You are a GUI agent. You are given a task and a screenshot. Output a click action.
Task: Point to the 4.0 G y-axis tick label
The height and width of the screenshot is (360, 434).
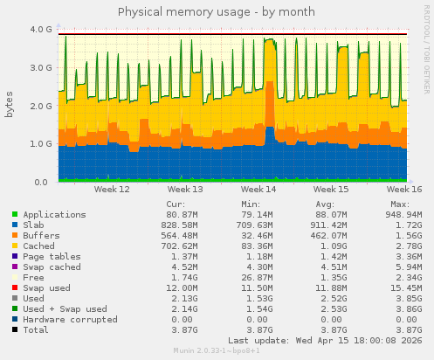(41, 29)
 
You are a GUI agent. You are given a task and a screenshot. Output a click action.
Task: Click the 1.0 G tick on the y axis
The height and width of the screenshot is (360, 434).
(41, 143)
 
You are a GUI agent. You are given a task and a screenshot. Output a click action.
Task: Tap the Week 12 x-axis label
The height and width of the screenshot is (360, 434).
(112, 189)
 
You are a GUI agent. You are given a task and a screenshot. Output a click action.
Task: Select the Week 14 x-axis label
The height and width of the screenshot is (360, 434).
(258, 189)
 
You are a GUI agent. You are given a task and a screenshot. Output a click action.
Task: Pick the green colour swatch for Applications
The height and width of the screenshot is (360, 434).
(15, 215)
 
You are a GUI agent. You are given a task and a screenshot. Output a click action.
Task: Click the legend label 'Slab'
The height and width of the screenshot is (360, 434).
(34, 225)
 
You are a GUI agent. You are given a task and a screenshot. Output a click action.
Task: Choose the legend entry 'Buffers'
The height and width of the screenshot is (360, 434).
(42, 236)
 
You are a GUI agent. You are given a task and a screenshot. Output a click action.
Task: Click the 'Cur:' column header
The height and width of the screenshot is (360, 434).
(175, 204)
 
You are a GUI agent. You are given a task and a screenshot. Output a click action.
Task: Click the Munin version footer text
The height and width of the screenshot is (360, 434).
(216, 351)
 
